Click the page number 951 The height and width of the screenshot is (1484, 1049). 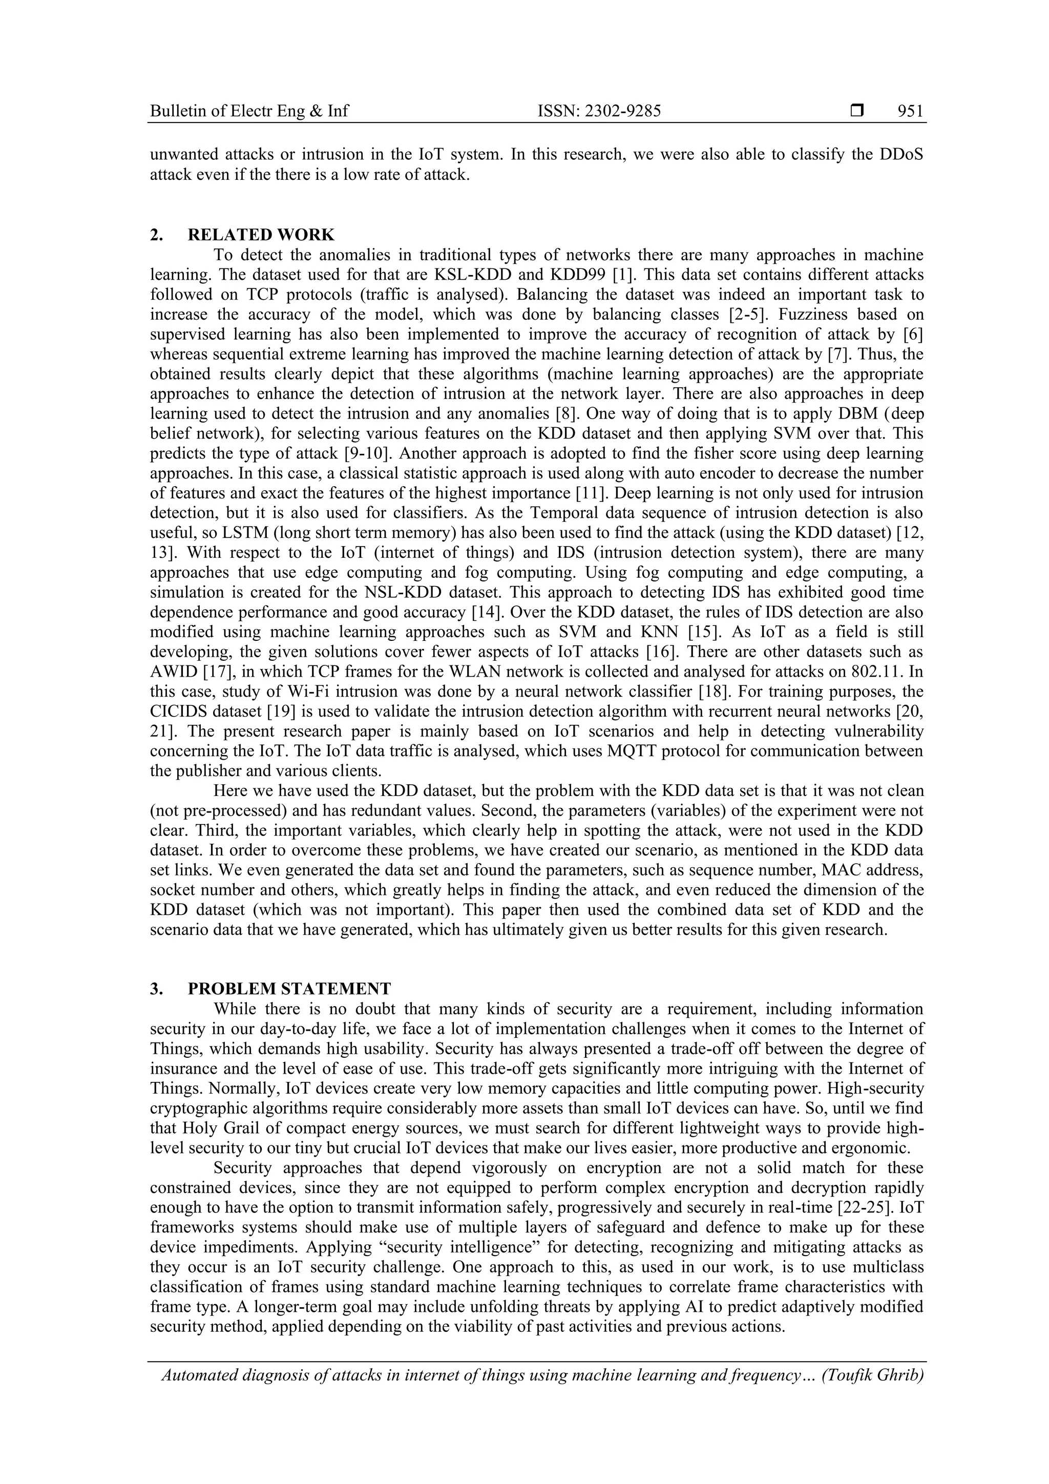910,111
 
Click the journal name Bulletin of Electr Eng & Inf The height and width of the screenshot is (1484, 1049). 249,111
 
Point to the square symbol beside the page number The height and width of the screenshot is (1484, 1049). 857,111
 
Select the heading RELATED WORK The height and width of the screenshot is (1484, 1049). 261,235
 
